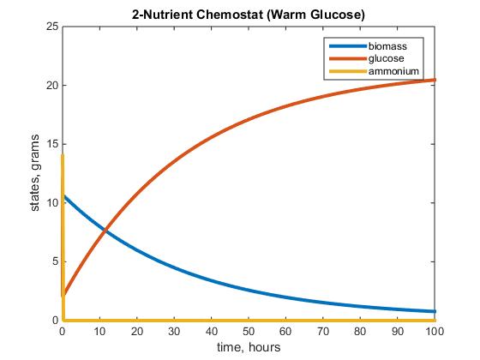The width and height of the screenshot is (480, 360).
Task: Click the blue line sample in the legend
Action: click(x=345, y=45)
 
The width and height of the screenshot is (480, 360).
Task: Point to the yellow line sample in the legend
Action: click(x=345, y=69)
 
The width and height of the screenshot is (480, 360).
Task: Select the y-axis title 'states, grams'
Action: click(x=36, y=173)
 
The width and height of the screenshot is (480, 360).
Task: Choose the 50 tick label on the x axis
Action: click(x=249, y=330)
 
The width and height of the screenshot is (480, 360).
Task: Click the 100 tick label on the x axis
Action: click(x=435, y=330)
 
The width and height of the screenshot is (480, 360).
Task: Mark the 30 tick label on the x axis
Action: click(x=174, y=330)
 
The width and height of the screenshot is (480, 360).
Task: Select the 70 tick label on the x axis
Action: click(x=323, y=330)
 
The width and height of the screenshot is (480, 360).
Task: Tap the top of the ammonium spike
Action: click(x=63, y=155)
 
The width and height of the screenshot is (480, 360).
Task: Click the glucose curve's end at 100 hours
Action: click(x=435, y=80)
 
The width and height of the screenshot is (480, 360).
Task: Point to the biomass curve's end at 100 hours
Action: click(x=435, y=311)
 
